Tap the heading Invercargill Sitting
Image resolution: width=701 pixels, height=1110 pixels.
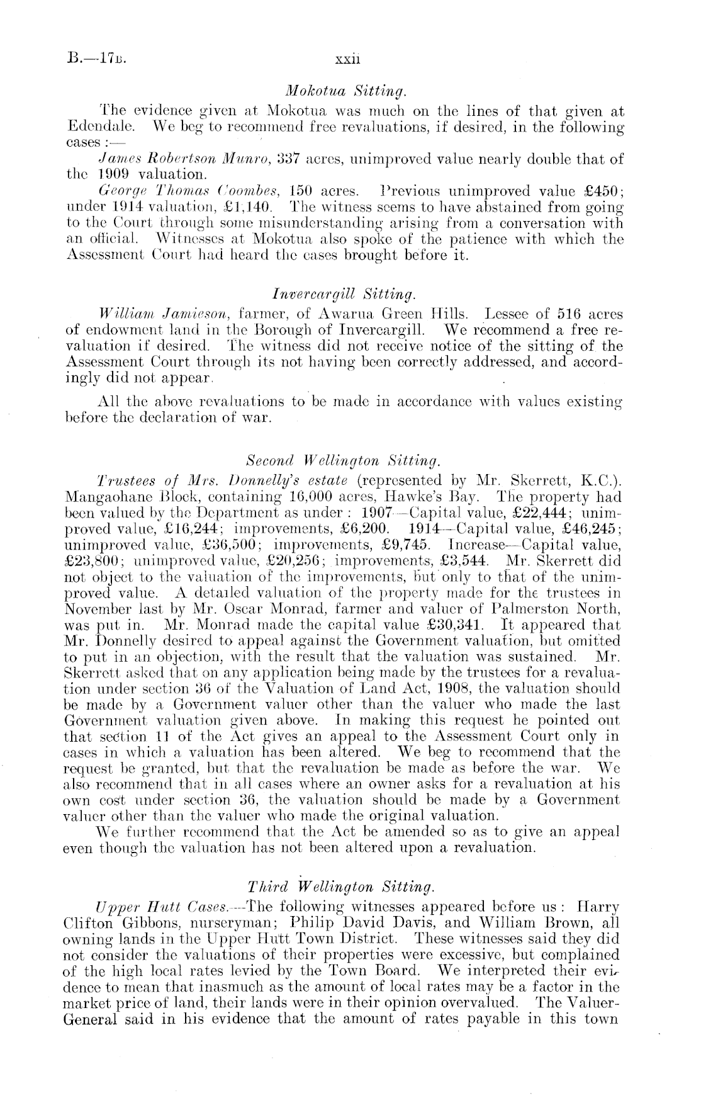pyautogui.click(x=344, y=294)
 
